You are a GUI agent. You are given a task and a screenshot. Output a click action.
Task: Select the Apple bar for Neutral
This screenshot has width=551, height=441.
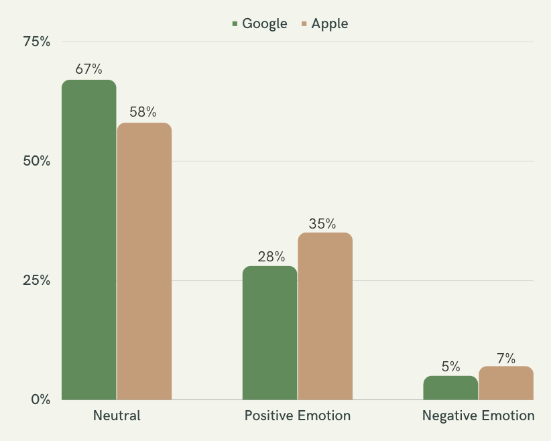pyautogui.click(x=144, y=261)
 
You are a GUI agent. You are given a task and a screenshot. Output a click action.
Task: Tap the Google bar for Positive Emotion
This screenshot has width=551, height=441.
pyautogui.click(x=269, y=333)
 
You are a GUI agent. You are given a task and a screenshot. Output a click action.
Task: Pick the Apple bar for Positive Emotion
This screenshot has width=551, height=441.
pyautogui.click(x=324, y=316)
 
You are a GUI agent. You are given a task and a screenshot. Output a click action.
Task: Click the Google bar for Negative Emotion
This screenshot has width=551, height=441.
pyautogui.click(x=450, y=388)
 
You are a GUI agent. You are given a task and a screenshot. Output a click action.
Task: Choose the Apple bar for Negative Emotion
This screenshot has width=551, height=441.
pyautogui.click(x=505, y=383)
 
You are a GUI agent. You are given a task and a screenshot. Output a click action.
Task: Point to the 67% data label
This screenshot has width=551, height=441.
pyautogui.click(x=89, y=69)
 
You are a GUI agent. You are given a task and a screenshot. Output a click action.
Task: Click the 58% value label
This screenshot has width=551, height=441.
pyautogui.click(x=143, y=112)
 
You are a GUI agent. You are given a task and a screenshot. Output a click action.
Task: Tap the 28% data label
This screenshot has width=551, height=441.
pyautogui.click(x=271, y=256)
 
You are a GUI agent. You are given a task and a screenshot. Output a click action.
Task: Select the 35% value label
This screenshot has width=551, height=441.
pyautogui.click(x=322, y=224)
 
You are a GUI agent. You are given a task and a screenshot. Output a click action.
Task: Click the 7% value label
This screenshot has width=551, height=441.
pyautogui.click(x=506, y=359)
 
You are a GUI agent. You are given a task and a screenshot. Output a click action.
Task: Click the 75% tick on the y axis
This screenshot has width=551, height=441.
pyautogui.click(x=37, y=42)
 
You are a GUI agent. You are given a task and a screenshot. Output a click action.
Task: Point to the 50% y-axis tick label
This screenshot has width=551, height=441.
pyautogui.click(x=37, y=162)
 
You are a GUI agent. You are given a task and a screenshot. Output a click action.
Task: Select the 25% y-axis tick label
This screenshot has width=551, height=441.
pyautogui.click(x=37, y=281)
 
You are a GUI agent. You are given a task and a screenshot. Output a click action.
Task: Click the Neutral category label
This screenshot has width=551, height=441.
pyautogui.click(x=117, y=416)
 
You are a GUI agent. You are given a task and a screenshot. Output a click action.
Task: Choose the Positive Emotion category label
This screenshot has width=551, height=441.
pyautogui.click(x=297, y=416)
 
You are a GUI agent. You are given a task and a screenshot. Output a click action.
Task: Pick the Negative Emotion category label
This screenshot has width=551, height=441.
pyautogui.click(x=478, y=416)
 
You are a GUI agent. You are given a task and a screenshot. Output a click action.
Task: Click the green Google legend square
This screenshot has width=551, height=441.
pyautogui.click(x=235, y=24)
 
